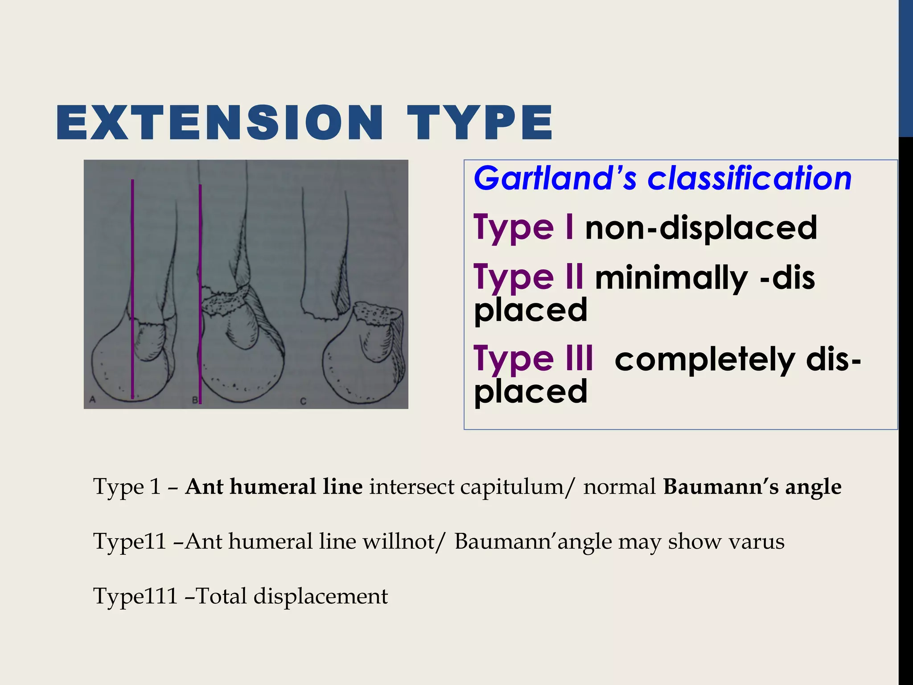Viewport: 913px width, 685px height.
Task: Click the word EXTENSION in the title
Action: coord(220,123)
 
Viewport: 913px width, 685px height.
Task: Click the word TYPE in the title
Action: coord(480,123)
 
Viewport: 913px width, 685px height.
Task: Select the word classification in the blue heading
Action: coord(749,178)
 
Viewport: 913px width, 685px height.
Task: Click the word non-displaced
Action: coord(701,228)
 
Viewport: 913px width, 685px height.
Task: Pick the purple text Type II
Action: coord(528,277)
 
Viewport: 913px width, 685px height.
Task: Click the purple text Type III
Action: coord(533,359)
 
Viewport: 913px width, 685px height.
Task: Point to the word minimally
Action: coord(671,278)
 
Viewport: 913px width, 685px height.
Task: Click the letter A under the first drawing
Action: coord(93,400)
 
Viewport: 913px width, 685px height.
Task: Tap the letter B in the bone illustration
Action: coord(194,400)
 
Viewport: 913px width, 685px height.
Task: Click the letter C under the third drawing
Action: coord(303,401)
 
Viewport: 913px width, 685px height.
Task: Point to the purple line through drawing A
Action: coord(132,268)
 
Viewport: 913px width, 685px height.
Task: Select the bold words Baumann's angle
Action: coord(752,487)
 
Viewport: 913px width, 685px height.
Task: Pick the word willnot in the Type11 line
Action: coord(399,541)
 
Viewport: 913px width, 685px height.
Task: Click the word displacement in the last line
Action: coord(321,596)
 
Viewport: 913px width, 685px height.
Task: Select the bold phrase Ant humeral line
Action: coord(274,487)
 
